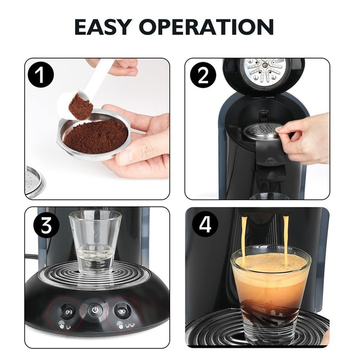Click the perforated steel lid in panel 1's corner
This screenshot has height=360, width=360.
35,180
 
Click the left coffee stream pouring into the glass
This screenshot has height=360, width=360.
245,238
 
